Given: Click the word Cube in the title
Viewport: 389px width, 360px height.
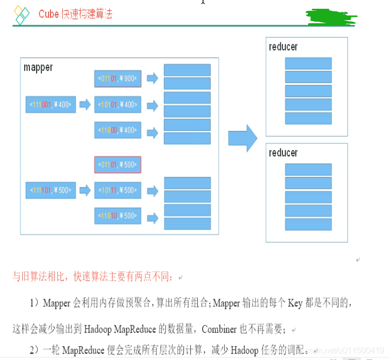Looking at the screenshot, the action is tap(49, 14).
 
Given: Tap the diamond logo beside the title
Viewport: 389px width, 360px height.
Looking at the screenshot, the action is tap(22, 15).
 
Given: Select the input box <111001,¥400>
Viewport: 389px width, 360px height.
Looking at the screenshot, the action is tap(50, 105).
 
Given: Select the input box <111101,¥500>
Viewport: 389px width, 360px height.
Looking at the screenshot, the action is tap(50, 190).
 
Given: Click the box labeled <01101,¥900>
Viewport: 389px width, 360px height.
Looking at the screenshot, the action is tap(117, 79).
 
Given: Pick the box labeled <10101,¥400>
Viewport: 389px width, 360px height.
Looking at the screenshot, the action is tap(117, 105).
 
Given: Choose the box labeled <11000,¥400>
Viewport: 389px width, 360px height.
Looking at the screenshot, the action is tap(117, 130).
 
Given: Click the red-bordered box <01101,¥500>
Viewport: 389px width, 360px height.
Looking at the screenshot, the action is tap(117, 165).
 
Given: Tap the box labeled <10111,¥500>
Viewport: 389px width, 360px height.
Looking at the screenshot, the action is tap(117, 190).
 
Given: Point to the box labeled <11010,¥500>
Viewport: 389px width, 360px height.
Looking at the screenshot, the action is tap(117, 216).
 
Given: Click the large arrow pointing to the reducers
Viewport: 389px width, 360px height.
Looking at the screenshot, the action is tap(242, 138).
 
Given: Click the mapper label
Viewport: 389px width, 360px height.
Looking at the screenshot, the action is tap(38, 68).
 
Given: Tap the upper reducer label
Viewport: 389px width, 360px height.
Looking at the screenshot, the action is tap(283, 47).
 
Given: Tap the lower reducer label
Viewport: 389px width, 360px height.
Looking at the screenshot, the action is tap(283, 153).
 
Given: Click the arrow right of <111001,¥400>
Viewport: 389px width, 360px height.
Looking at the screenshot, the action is tap(85, 105).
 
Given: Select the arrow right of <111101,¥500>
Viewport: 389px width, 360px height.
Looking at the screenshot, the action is tap(85, 190).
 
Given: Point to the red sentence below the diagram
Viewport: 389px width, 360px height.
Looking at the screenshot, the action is tap(95, 276).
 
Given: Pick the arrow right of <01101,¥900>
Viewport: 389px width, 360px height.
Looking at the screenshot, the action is tap(152, 79).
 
